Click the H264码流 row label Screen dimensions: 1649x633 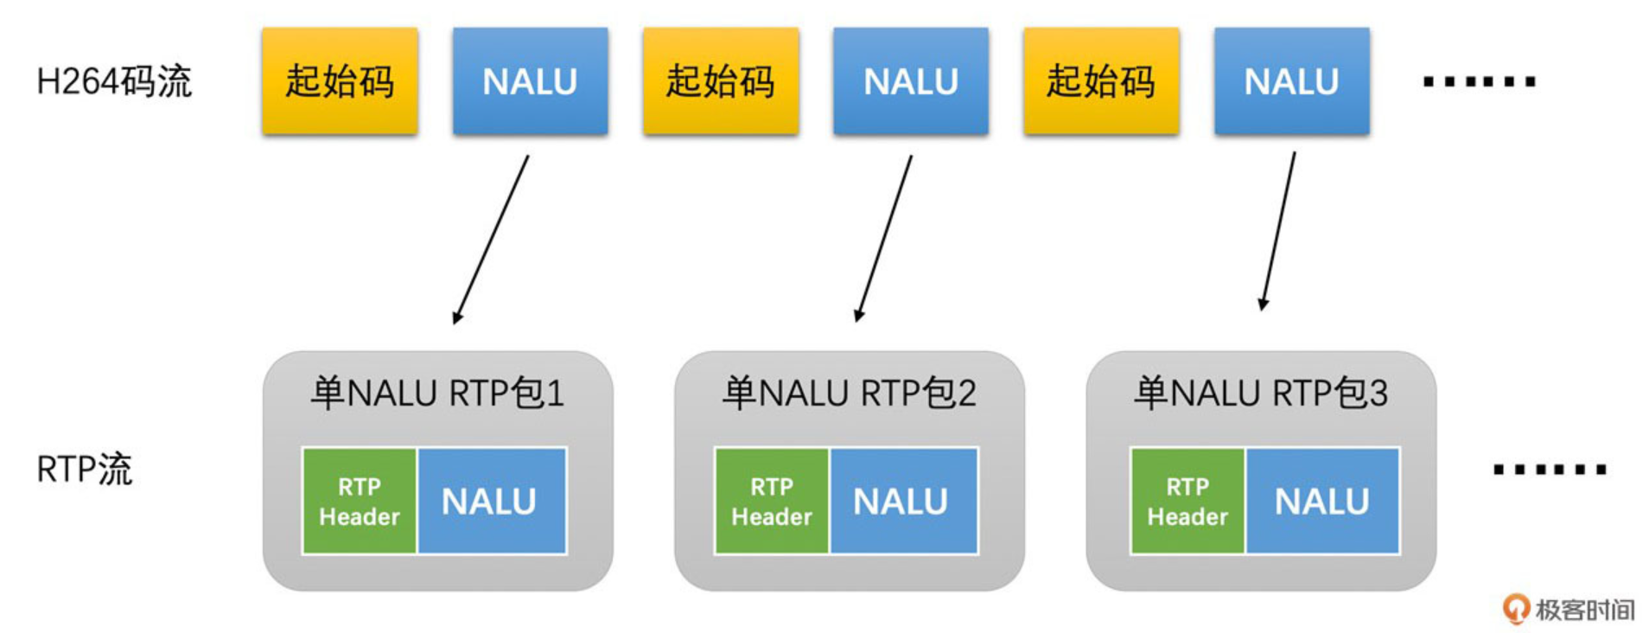pyautogui.click(x=114, y=81)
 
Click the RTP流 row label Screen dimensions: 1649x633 pyautogui.click(x=85, y=470)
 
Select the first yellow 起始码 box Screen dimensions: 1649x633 pyautogui.click(x=341, y=81)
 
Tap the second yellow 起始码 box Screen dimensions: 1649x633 pyautogui.click(x=721, y=81)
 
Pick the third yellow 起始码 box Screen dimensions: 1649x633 pyautogui.click(x=1102, y=81)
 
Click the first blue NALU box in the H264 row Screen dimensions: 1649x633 pyautogui.click(x=531, y=81)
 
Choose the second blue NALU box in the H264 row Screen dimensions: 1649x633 pyautogui.click(x=911, y=81)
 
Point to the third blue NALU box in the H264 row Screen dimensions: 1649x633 pyautogui.click(x=1292, y=81)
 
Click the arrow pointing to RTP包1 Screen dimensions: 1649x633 pyautogui.click(x=491, y=240)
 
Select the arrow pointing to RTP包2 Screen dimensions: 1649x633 pyautogui.click(x=883, y=239)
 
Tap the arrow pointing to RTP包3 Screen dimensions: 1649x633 pyautogui.click(x=1278, y=231)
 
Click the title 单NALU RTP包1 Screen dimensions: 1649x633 pyautogui.click(x=438, y=393)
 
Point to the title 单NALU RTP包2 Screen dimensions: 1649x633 pyautogui.click(x=850, y=393)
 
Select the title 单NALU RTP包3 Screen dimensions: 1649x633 pyautogui.click(x=1261, y=393)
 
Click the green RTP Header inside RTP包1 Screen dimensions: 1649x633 pyautogui.click(x=360, y=501)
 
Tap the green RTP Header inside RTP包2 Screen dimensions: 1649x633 pyautogui.click(x=772, y=501)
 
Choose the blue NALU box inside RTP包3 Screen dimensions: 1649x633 pyautogui.click(x=1322, y=501)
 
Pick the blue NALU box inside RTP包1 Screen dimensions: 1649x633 pyautogui.click(x=492, y=501)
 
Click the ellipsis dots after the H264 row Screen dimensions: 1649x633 pyautogui.click(x=1479, y=82)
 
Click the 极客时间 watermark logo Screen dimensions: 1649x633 pyautogui.click(x=1569, y=609)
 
